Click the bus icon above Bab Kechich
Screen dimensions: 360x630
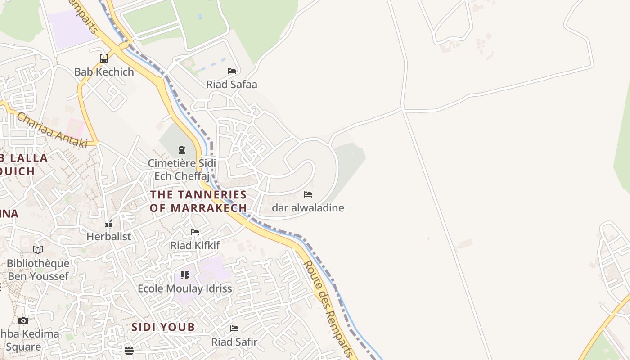(x=104, y=58)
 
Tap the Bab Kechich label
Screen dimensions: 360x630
(x=104, y=72)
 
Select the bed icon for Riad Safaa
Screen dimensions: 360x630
(x=232, y=71)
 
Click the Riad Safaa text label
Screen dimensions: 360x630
(x=232, y=85)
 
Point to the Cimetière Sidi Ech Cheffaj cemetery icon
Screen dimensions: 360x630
(x=182, y=149)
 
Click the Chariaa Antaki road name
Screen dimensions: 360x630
(x=52, y=130)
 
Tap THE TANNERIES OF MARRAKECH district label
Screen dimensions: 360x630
(x=198, y=201)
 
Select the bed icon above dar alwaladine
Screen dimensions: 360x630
(x=308, y=194)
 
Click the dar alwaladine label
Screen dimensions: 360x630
(x=308, y=208)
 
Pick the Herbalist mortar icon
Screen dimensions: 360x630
(x=109, y=224)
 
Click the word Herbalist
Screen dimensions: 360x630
(x=109, y=237)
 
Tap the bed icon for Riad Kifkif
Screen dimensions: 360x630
(x=195, y=232)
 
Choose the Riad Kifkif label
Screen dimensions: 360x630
(x=195, y=246)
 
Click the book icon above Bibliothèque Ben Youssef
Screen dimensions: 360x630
(x=38, y=250)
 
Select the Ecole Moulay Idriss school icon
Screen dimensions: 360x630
(x=185, y=275)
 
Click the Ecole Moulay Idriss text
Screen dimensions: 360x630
(x=185, y=288)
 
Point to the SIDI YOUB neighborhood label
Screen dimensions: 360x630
(x=163, y=327)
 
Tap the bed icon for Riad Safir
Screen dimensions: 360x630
(x=234, y=328)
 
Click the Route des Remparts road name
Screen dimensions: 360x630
(x=328, y=309)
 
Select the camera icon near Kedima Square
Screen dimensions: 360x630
(x=23, y=320)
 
